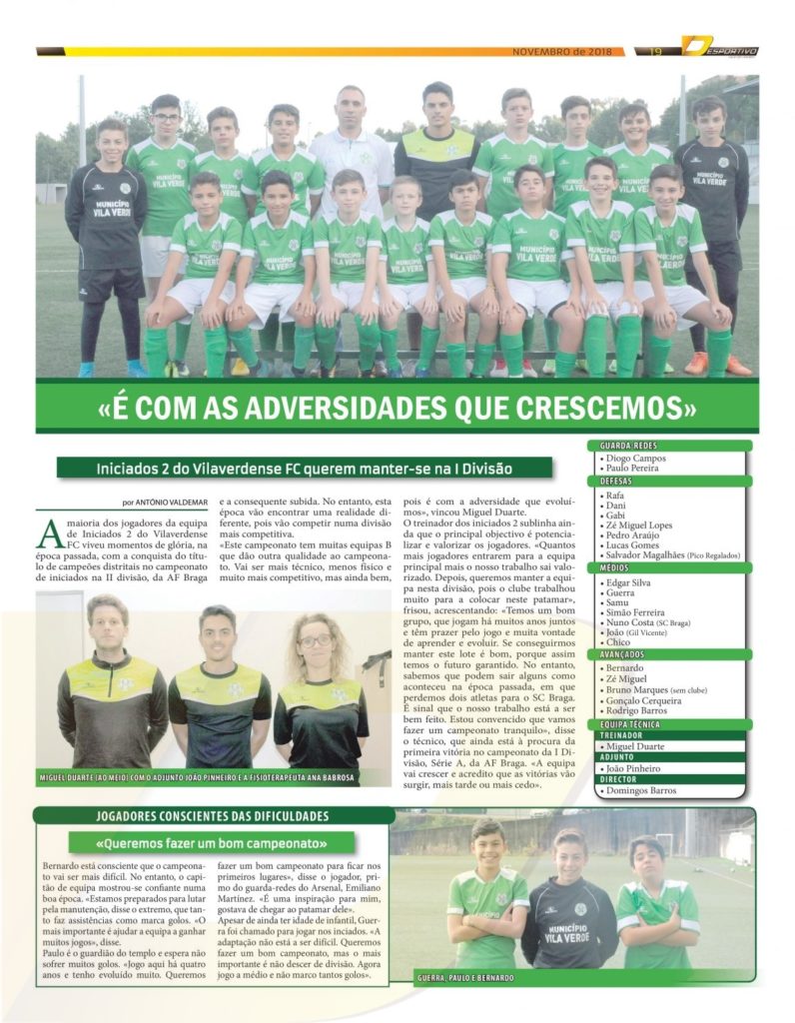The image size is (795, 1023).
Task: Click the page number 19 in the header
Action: (x=656, y=52)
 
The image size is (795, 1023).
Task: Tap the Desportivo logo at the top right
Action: (x=720, y=48)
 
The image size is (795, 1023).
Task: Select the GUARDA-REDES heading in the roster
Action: (x=630, y=447)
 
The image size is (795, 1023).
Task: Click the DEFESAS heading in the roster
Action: (x=624, y=482)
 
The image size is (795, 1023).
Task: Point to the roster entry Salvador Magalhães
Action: (x=651, y=554)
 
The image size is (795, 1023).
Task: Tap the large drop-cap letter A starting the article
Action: (x=49, y=534)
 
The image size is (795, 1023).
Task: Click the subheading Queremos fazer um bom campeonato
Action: (x=212, y=842)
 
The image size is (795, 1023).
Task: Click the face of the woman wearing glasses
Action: (x=315, y=639)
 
